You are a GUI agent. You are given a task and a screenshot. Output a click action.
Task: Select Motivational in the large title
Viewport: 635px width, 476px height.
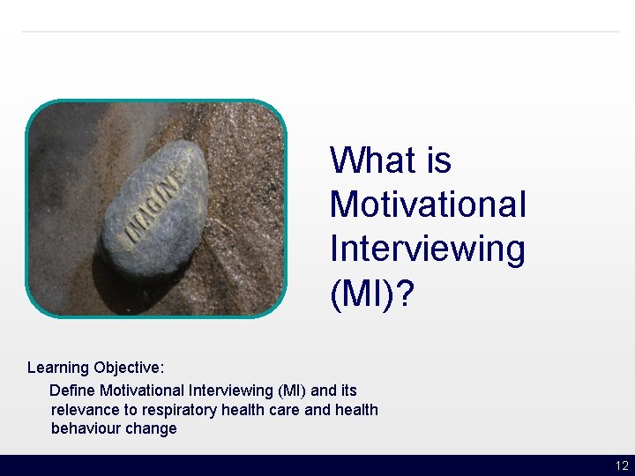click(x=428, y=205)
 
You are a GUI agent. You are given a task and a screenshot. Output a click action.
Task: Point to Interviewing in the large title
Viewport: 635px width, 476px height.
click(x=427, y=249)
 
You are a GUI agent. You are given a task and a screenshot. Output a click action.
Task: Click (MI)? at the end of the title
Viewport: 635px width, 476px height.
click(x=370, y=294)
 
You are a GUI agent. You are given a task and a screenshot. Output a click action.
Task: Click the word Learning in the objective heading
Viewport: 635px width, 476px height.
click(x=58, y=368)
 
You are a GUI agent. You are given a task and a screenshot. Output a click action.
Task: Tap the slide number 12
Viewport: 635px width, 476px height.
click(x=622, y=466)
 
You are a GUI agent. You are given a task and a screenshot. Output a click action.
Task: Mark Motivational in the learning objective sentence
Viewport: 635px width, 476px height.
click(x=141, y=390)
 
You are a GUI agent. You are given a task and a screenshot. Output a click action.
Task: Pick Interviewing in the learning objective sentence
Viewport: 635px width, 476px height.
click(x=230, y=390)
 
